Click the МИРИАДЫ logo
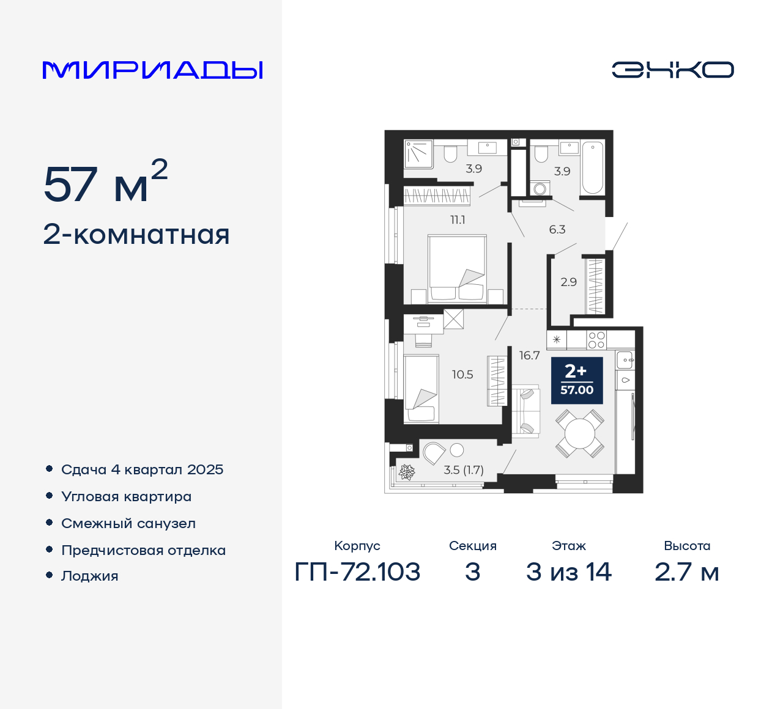(x=153, y=70)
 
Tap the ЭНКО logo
(x=672, y=70)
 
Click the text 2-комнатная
(x=136, y=235)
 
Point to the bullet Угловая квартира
(x=126, y=496)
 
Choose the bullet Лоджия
(x=89, y=576)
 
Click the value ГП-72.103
(x=357, y=572)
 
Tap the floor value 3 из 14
(x=568, y=572)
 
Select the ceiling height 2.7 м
(x=686, y=572)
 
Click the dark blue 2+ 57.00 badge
(x=577, y=381)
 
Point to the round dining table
(x=579, y=434)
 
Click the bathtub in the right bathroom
(x=592, y=167)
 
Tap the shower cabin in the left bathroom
(x=418, y=153)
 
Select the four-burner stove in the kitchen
(x=596, y=340)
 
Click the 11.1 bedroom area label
(x=458, y=220)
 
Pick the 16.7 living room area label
(x=529, y=355)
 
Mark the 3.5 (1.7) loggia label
(x=463, y=470)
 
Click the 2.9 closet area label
(x=568, y=282)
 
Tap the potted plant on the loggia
(x=407, y=472)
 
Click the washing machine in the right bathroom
(x=540, y=188)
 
